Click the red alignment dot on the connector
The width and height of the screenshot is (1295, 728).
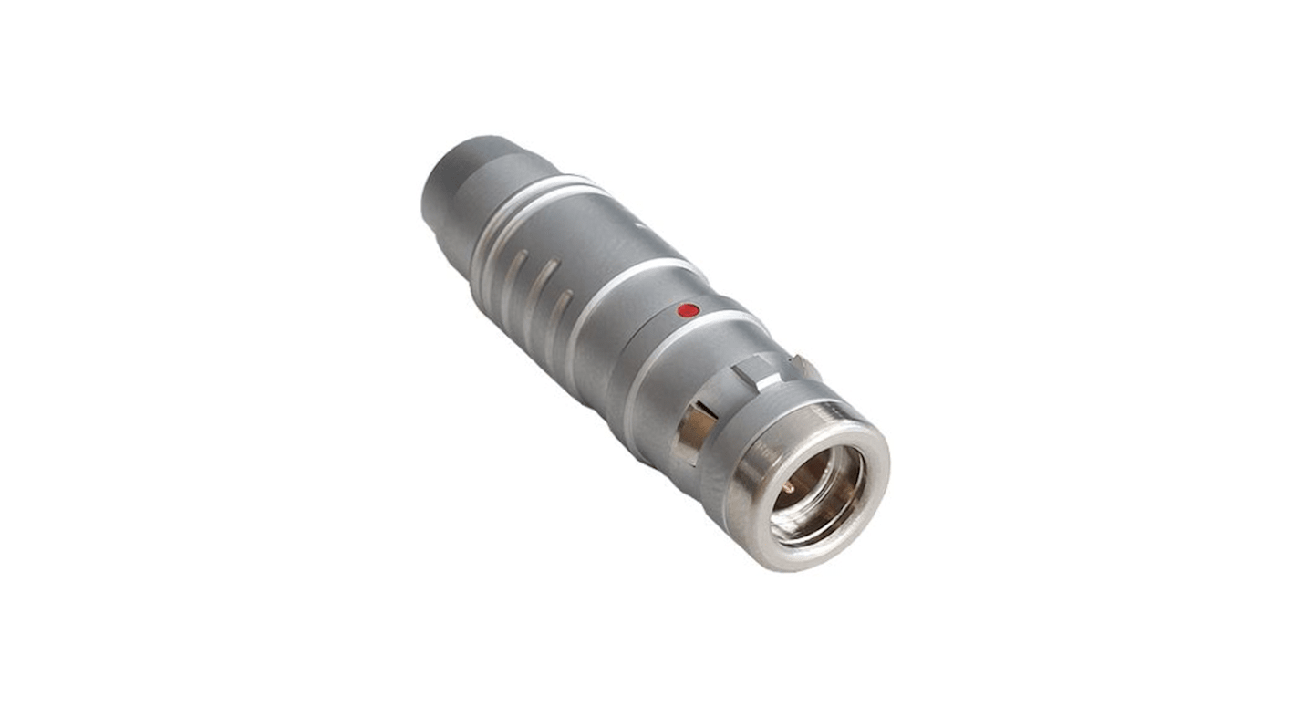pos(689,311)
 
